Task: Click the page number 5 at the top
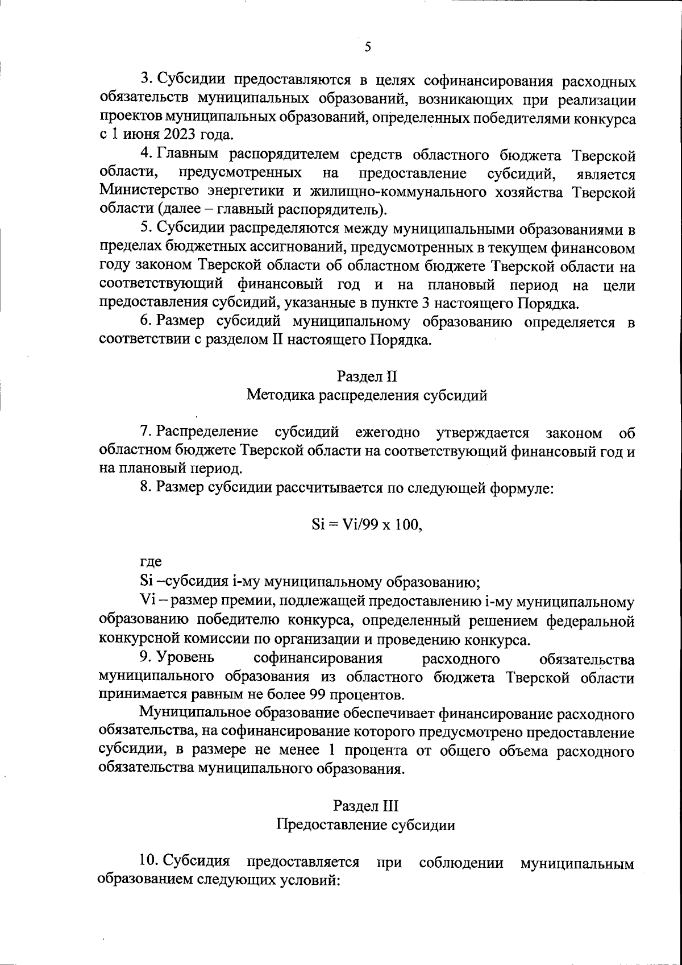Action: (367, 47)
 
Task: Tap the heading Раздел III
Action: (366, 806)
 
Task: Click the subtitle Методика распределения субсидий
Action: (367, 395)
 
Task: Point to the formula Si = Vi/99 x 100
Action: (367, 524)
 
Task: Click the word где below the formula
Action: (151, 562)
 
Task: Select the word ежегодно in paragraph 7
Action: (388, 432)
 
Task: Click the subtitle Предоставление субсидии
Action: (365, 825)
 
